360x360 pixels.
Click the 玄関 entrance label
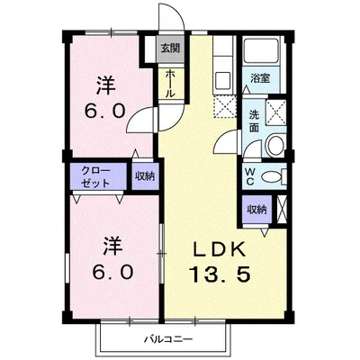168,49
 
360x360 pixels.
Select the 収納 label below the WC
257,209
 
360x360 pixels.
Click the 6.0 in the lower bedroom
111,269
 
